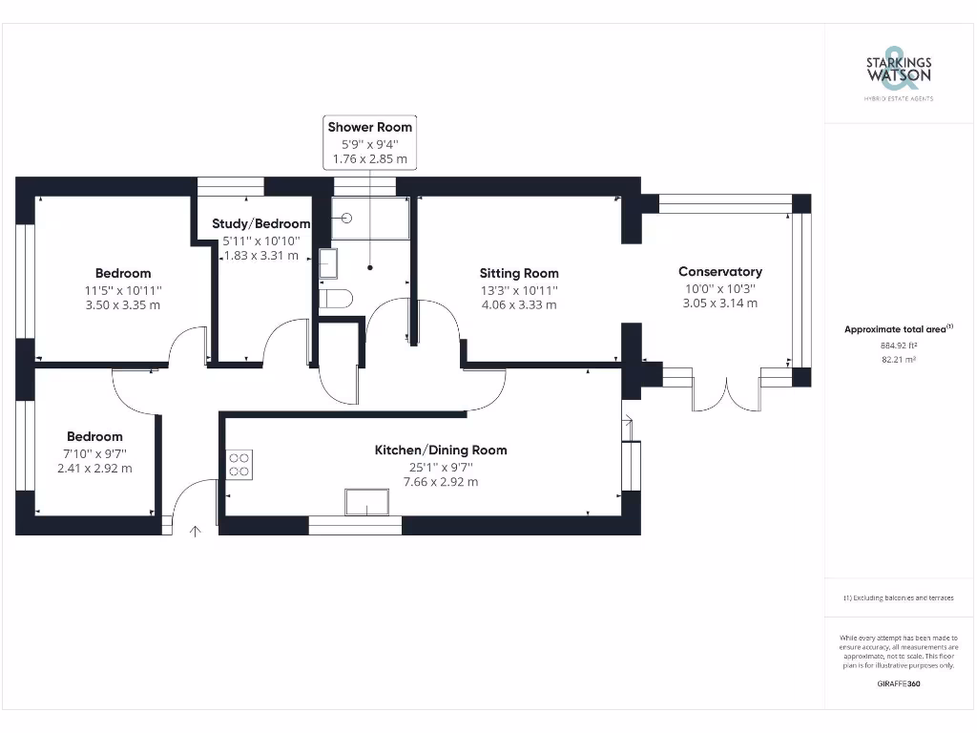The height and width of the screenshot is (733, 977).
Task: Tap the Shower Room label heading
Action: tap(370, 127)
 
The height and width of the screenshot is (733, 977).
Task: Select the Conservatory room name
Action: tap(720, 272)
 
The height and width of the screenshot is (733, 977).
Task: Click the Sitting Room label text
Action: tap(518, 273)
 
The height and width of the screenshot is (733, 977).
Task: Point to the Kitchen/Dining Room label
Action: tap(440, 450)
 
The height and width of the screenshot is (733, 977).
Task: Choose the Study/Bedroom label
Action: tap(260, 224)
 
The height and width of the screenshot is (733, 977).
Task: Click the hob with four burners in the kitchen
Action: tap(239, 465)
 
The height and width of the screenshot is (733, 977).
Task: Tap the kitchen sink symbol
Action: tap(367, 502)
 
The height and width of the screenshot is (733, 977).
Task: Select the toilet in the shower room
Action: tap(335, 299)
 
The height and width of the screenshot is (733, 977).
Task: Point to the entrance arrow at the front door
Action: tap(196, 531)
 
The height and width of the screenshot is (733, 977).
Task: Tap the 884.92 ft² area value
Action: tap(898, 346)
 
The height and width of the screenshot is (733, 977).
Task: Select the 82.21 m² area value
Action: tap(898, 360)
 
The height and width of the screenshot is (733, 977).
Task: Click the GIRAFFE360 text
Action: tap(898, 683)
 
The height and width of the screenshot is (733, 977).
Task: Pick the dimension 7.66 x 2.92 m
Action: tap(440, 482)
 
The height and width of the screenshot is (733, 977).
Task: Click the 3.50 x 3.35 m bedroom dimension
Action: tap(123, 304)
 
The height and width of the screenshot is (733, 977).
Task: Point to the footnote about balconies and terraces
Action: tap(898, 597)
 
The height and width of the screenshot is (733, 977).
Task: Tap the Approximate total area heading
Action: tap(898, 329)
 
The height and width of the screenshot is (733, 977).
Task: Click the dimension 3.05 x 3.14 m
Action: tap(720, 304)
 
